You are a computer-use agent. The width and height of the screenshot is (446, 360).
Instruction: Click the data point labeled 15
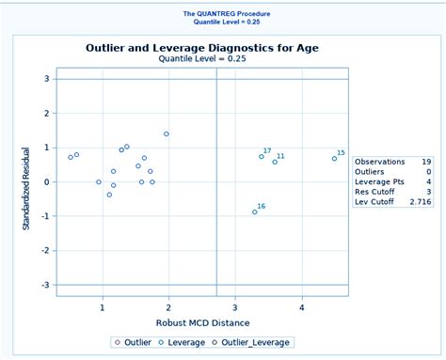pos(334,158)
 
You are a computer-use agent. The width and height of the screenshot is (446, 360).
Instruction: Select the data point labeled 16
pos(254,211)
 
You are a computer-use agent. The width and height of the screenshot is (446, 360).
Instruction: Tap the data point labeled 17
pos(262,156)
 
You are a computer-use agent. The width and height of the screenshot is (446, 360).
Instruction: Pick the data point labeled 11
pos(275,162)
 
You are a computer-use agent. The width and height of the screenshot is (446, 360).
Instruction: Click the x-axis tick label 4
pos(302,307)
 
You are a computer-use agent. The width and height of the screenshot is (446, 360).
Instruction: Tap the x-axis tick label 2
pos(168,307)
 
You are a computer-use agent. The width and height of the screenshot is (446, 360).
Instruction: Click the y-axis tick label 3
pos(47,79)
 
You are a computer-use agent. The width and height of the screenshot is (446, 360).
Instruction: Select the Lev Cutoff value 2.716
pos(421,201)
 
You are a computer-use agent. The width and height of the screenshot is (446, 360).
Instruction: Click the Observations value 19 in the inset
pos(426,161)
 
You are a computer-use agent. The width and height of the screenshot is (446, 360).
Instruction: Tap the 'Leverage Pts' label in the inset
pos(377,181)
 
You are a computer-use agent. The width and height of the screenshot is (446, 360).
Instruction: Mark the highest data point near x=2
pos(167,133)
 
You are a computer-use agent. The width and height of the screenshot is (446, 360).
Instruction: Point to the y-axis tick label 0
pos(47,181)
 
